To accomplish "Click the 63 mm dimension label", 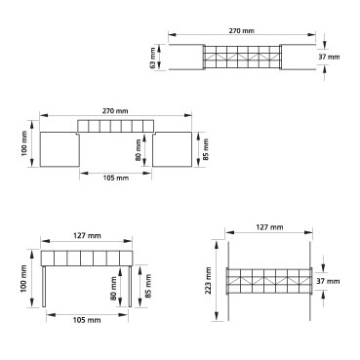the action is (153, 58).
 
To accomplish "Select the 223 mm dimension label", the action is (209, 280).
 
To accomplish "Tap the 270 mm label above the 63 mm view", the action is (242, 31).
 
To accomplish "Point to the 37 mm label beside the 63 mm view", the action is (329, 57).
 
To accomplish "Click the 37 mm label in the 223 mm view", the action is (328, 281).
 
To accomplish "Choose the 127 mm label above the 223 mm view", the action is (269, 227).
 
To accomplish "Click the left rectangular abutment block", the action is (60, 149).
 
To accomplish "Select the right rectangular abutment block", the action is (172, 149).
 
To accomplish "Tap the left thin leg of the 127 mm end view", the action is (44, 287).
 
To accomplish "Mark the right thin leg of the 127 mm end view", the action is (130, 287).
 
